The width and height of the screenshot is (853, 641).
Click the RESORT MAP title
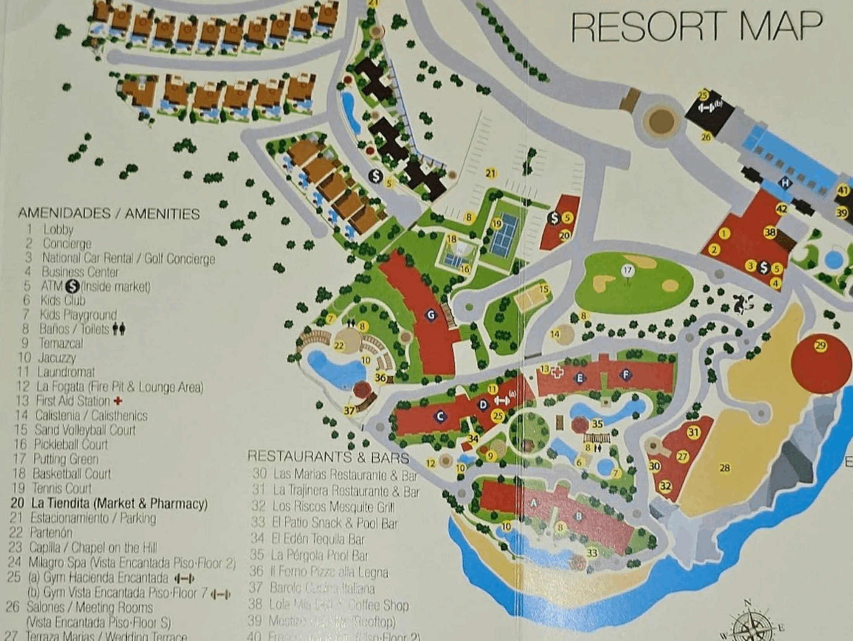(696, 26)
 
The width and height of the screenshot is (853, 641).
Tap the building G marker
(431, 315)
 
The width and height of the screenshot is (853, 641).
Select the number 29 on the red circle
(820, 345)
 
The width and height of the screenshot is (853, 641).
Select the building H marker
(785, 183)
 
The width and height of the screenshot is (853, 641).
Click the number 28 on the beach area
(724, 468)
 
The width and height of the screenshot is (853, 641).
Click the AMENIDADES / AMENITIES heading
(109, 213)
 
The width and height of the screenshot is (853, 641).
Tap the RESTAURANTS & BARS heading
(328, 457)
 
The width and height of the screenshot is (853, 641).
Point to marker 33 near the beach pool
(592, 553)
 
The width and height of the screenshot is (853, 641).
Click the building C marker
(440, 416)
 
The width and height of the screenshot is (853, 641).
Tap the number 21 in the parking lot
(490, 173)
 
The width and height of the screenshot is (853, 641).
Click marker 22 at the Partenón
(339, 346)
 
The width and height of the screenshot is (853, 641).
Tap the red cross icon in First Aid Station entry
(118, 401)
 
